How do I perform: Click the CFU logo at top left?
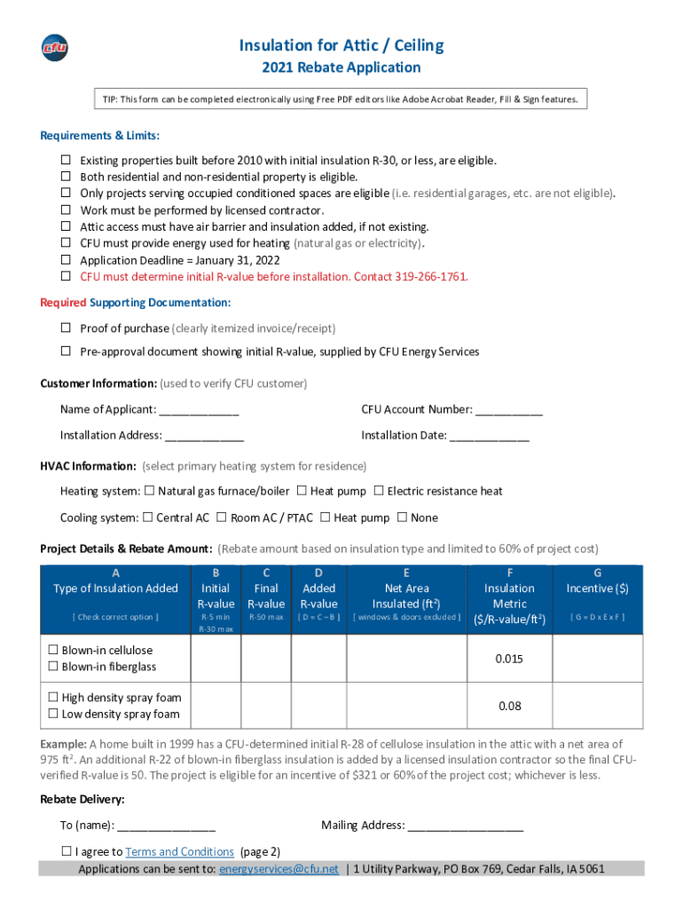pos(54,48)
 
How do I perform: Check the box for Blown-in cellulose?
pos(53,651)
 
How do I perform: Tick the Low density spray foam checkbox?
pos(53,714)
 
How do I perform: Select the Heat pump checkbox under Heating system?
pos(302,491)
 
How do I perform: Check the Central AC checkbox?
pos(148,518)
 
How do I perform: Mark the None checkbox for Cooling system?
pos(403,518)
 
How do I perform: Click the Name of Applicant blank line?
pos(199,410)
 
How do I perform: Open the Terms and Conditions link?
pos(179,852)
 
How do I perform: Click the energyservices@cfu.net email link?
pos(279,869)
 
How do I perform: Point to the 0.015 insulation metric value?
pos(509,659)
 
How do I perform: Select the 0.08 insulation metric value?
pos(509,707)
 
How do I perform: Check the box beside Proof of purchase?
pos(66,328)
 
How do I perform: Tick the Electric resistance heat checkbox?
pos(379,491)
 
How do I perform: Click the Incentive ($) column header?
pos(597,589)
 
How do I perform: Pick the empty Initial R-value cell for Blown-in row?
pos(216,659)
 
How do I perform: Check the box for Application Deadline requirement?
pos(66,260)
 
